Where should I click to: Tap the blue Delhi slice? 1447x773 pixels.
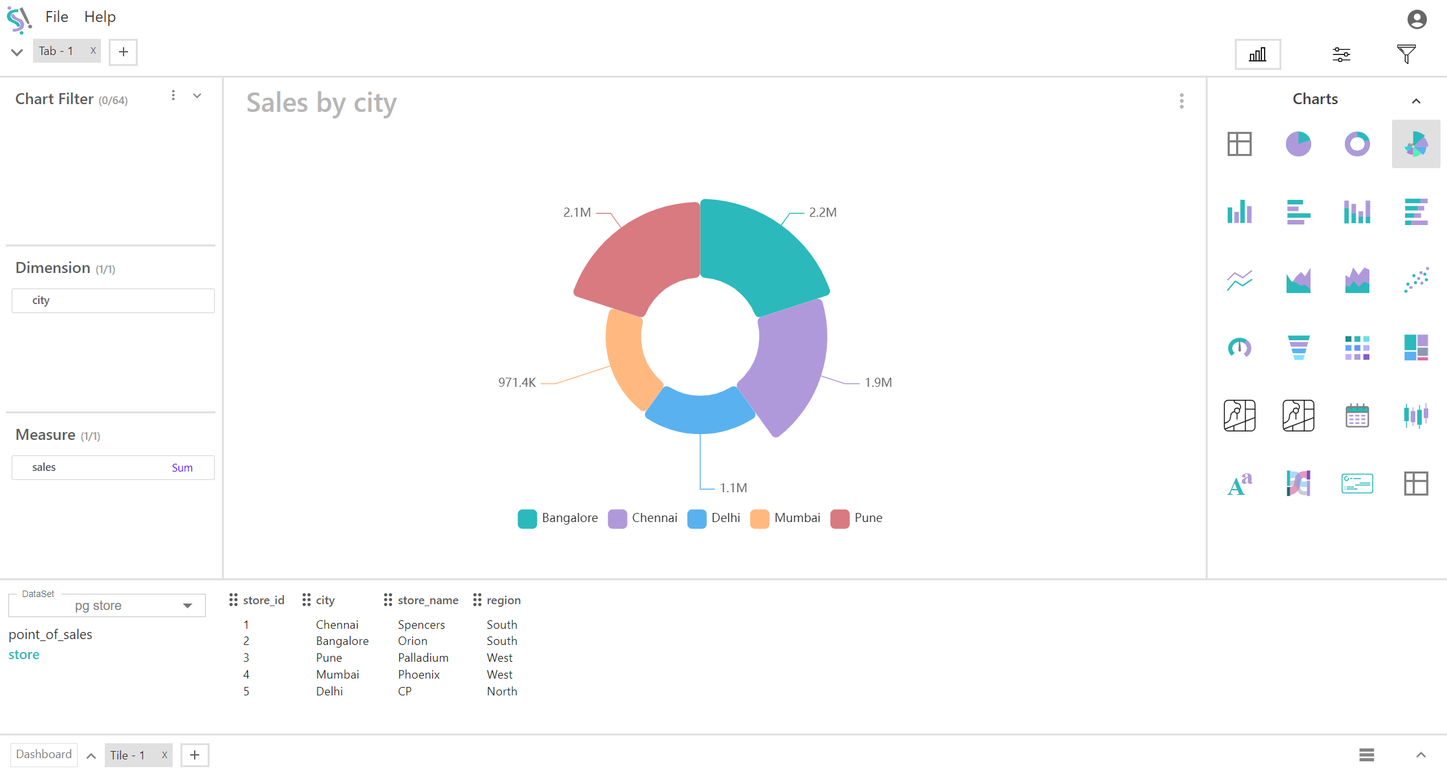(x=700, y=411)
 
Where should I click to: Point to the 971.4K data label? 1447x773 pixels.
(x=517, y=382)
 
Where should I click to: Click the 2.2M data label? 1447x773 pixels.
(x=822, y=212)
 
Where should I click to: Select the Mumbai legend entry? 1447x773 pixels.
(x=785, y=518)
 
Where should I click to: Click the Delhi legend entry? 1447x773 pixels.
(x=714, y=518)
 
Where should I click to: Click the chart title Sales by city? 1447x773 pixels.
(x=321, y=103)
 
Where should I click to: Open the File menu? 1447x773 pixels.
(x=57, y=17)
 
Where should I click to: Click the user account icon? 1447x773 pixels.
(x=1417, y=19)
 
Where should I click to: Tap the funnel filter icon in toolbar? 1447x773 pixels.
(x=1406, y=54)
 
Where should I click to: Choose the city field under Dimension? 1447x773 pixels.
(x=113, y=301)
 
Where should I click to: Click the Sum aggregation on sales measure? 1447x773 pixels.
(x=182, y=468)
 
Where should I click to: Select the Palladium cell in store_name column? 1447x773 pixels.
(x=423, y=658)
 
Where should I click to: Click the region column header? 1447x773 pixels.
(x=503, y=600)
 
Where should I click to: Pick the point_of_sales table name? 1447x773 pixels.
(x=50, y=635)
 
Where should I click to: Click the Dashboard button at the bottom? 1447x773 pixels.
(x=44, y=754)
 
